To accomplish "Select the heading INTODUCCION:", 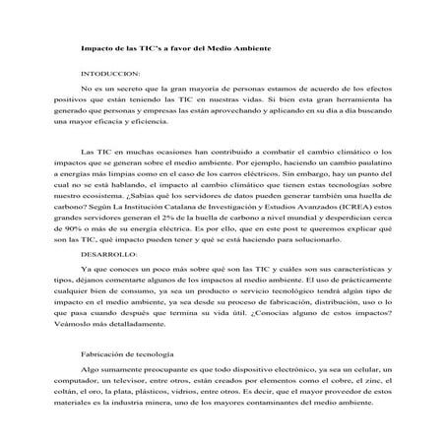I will coord(110,75).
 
